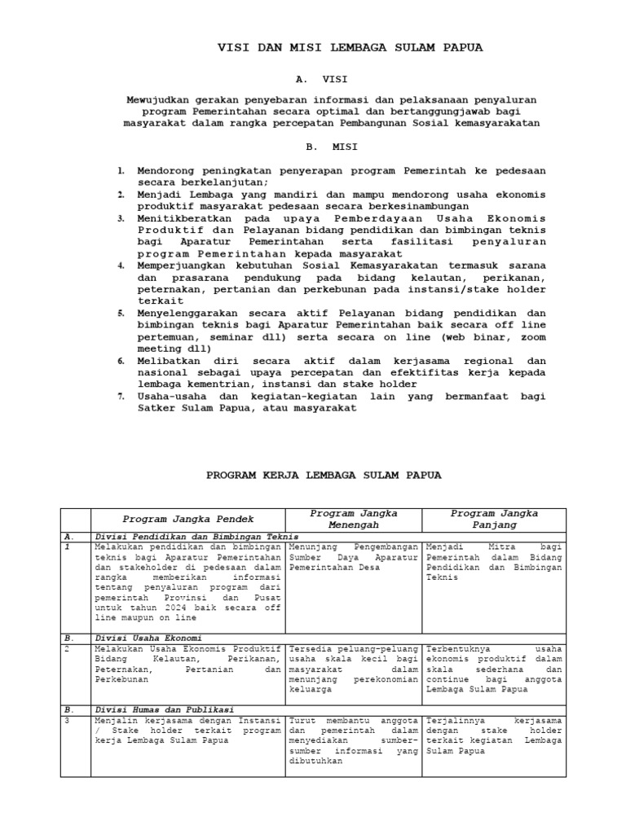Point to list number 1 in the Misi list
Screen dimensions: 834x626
pos(120,170)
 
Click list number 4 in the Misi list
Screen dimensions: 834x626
pos(120,266)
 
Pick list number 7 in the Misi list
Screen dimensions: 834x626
pos(120,396)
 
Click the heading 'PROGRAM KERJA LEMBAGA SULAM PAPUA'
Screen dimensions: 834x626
pos(323,475)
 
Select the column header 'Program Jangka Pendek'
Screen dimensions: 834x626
pos(187,519)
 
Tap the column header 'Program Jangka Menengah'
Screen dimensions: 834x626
pos(353,520)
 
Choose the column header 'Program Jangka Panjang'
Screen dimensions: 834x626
pos(495,520)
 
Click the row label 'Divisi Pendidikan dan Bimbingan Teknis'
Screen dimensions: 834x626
pos(197,538)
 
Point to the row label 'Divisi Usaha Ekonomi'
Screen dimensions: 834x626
pos(149,637)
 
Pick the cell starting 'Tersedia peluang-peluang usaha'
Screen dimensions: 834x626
pos(353,666)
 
